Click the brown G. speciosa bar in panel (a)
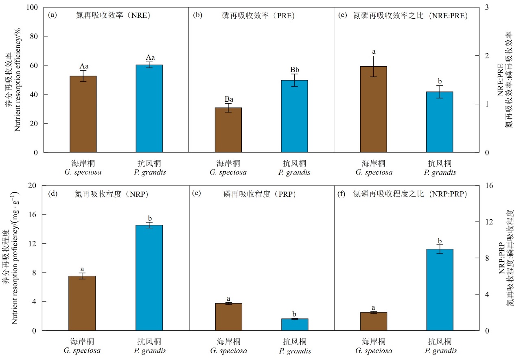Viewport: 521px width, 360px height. (x=83, y=114)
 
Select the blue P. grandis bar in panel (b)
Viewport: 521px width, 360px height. (x=294, y=116)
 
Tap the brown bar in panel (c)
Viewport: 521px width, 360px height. (x=373, y=109)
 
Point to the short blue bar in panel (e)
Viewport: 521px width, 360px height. (x=294, y=325)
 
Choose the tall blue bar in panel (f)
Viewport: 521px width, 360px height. (x=440, y=290)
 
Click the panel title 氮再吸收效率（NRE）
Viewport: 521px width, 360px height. (x=114, y=16)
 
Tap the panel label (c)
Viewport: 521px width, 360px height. (x=342, y=16)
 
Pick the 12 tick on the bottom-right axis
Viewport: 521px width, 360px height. (x=488, y=222)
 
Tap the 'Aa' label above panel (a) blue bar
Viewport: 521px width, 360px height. (x=149, y=57)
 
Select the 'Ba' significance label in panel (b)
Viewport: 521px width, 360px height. (x=228, y=99)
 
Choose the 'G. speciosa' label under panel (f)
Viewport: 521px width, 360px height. (x=374, y=351)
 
